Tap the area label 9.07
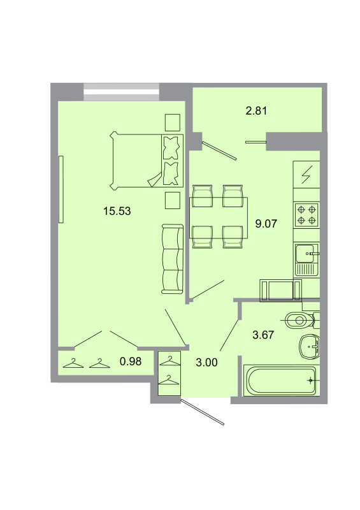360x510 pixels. click(265, 223)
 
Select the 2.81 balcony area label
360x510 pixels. click(256, 110)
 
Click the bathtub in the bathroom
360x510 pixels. click(280, 381)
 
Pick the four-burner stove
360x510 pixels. click(305, 214)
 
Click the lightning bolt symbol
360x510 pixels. click(306, 173)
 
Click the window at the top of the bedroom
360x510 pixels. click(121, 91)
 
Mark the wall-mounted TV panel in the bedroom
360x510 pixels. click(61, 189)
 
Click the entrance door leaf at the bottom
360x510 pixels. click(203, 412)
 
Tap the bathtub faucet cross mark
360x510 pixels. click(310, 381)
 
